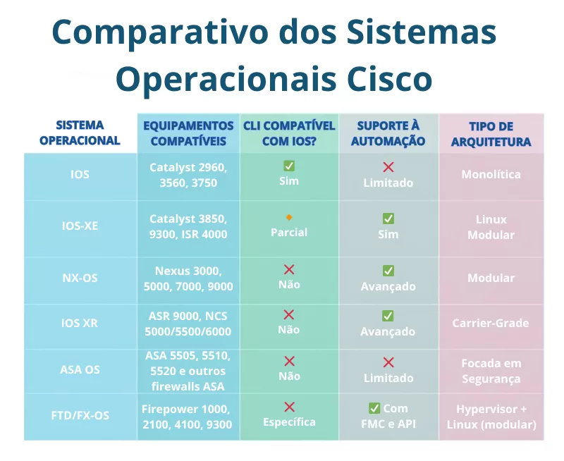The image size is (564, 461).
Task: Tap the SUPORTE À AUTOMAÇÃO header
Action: [x=388, y=134]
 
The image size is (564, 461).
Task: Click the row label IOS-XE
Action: [x=80, y=227]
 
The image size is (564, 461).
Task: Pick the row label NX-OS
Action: [x=80, y=278]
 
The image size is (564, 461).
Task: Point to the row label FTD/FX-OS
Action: [x=80, y=415]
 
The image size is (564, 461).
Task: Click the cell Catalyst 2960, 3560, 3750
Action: [x=188, y=175]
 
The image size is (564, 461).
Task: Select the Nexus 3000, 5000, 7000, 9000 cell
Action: [x=188, y=278]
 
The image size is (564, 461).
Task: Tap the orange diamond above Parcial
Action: [x=289, y=217]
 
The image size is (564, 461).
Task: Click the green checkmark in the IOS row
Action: [x=289, y=166]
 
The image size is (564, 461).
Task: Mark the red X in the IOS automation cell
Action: [x=388, y=167]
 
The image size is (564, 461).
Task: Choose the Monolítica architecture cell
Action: [x=491, y=174]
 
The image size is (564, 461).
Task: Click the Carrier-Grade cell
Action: [x=491, y=324]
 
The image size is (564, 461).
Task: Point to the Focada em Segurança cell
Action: [x=491, y=371]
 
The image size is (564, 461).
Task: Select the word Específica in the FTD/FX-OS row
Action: [x=289, y=422]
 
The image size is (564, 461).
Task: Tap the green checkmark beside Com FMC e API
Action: [x=374, y=408]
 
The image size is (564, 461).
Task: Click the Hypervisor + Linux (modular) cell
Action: [x=491, y=417]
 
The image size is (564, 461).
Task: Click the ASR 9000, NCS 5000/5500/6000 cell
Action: [x=188, y=324]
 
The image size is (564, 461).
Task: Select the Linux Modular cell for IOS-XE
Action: [x=491, y=227]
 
